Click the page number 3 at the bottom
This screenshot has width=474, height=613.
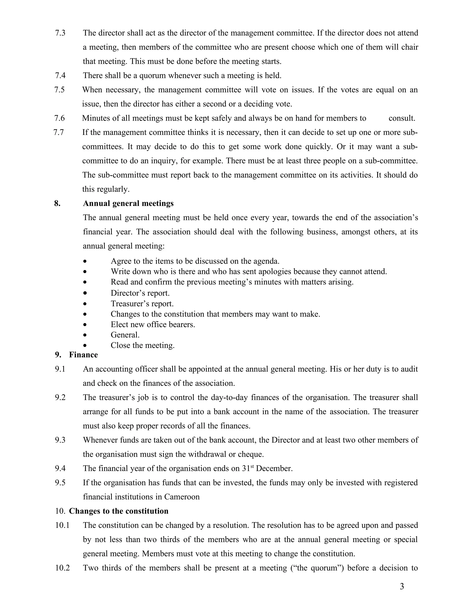point(402,586)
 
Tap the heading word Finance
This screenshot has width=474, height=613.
point(83,355)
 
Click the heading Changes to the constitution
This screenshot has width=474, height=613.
point(118,511)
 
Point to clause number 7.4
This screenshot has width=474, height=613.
point(60,75)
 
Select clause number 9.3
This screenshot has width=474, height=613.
point(60,440)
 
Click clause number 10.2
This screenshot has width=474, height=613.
point(62,568)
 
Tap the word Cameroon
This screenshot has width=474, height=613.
point(182,497)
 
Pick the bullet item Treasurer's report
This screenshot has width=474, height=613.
point(142,304)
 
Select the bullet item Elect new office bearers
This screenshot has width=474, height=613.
point(153,325)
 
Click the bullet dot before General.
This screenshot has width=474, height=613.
point(85,335)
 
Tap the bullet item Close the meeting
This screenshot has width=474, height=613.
point(142,345)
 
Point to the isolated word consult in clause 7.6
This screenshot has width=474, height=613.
point(402,118)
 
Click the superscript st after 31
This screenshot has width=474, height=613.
point(252,466)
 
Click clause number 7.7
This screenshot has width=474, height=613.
point(59,132)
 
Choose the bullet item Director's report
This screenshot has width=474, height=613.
point(140,293)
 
